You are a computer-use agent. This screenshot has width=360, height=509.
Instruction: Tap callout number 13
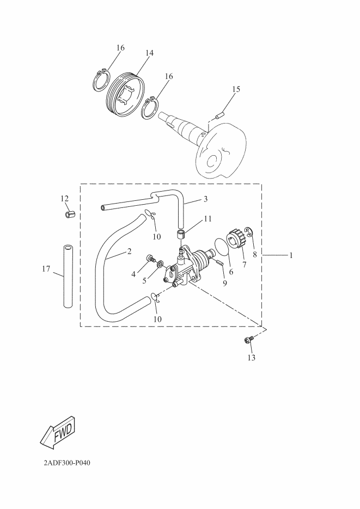click(x=251, y=358)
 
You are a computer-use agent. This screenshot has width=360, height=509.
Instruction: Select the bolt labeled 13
click(x=247, y=341)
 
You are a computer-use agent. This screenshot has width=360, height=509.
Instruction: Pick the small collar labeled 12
click(x=69, y=213)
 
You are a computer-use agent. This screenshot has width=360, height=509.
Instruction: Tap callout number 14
click(x=149, y=53)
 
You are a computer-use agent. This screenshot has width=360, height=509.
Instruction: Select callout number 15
click(x=236, y=89)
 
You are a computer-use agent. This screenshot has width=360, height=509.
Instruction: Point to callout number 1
click(x=291, y=255)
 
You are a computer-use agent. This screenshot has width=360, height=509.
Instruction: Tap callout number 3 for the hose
click(x=205, y=199)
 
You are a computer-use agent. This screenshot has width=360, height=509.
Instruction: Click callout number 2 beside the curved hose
click(x=129, y=252)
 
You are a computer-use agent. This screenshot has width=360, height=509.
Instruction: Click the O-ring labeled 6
click(x=221, y=246)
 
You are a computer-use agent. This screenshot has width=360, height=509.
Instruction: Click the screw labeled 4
click(x=149, y=257)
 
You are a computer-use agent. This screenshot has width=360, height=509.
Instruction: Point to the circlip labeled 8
click(x=249, y=234)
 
